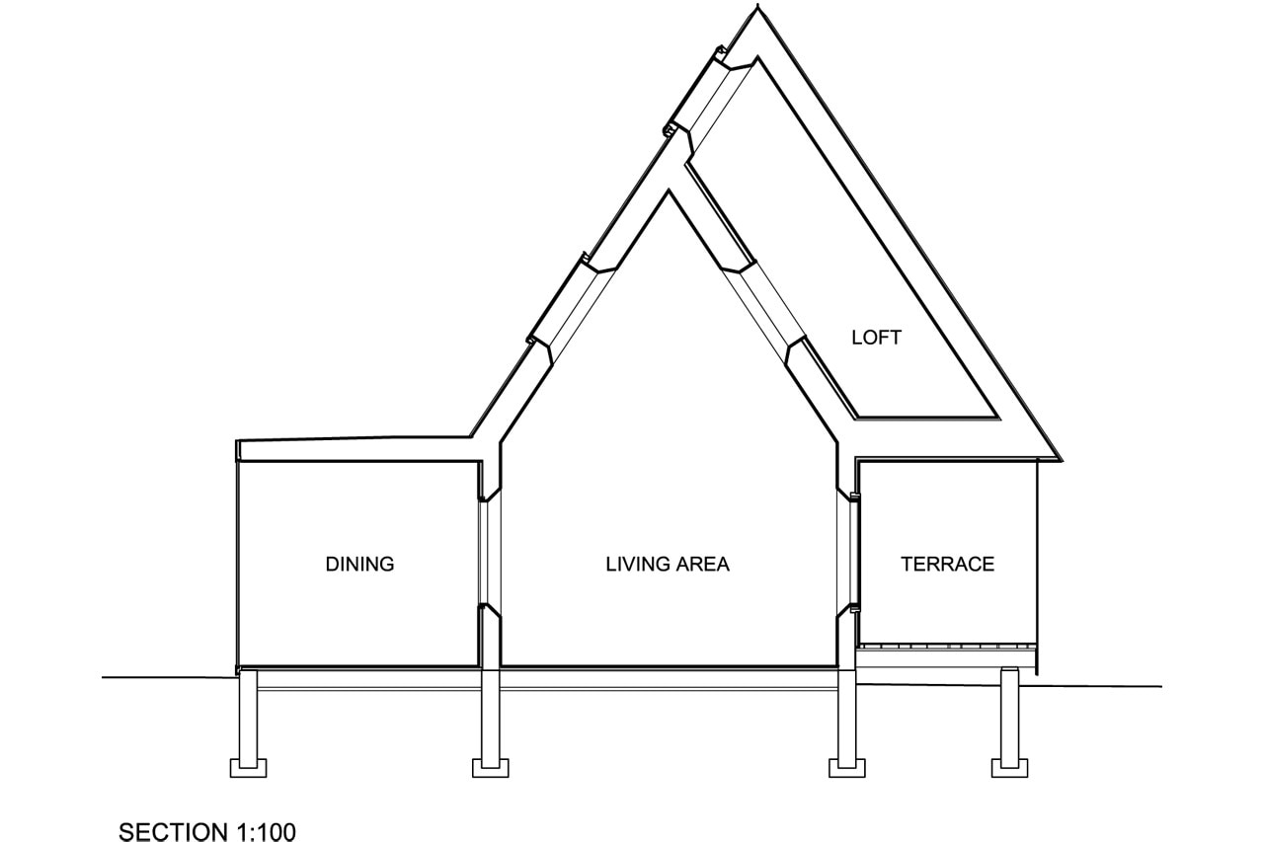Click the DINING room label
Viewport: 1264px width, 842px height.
point(359,565)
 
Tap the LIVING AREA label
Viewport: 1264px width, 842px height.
point(668,565)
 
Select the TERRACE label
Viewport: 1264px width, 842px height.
point(947,565)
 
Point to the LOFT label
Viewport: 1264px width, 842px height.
point(876,338)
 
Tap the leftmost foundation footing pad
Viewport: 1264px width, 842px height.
point(248,767)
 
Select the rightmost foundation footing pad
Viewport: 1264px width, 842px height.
point(1010,767)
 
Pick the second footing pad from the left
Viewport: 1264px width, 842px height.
point(490,767)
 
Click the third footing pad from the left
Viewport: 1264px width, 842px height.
point(847,767)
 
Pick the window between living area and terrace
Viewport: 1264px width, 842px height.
point(848,553)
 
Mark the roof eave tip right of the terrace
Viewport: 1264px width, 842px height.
point(1060,459)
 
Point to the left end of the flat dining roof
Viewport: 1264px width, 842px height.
point(240,450)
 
